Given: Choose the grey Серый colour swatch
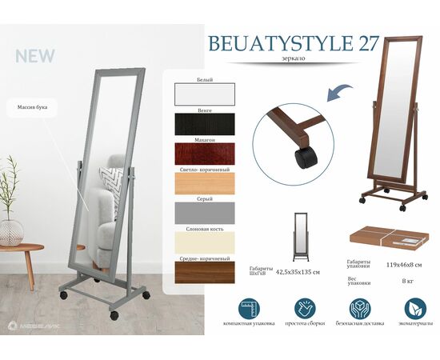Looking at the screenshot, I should [x=203, y=212].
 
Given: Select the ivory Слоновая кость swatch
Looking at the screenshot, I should [x=203, y=242].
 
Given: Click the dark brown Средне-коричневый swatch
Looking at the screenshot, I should [x=203, y=271].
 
